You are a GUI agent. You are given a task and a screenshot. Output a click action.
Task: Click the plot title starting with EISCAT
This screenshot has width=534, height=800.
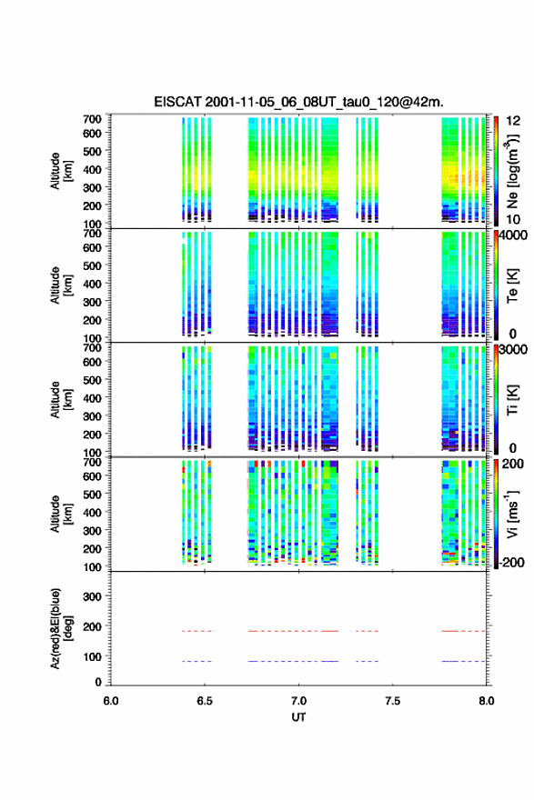(x=298, y=102)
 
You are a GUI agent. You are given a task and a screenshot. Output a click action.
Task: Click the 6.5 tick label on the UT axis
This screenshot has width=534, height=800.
(x=204, y=701)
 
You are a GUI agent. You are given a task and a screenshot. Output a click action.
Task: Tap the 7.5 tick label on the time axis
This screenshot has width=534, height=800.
(x=392, y=701)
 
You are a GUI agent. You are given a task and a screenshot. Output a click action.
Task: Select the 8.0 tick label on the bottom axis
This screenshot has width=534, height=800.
(x=486, y=701)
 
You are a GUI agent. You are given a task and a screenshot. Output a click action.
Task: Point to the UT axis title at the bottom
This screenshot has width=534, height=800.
(x=298, y=717)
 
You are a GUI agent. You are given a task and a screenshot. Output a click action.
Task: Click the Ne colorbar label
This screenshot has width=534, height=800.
(x=512, y=172)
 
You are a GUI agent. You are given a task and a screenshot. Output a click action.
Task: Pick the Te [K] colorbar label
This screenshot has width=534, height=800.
(x=512, y=285)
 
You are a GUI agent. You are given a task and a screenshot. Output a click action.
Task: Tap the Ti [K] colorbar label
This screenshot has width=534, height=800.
(x=512, y=400)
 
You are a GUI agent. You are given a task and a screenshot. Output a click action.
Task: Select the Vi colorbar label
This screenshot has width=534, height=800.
(x=512, y=515)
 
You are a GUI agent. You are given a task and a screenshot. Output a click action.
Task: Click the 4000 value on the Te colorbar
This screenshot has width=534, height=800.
(x=513, y=236)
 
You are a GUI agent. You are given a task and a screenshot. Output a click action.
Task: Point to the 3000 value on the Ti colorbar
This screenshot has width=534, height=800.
(x=513, y=350)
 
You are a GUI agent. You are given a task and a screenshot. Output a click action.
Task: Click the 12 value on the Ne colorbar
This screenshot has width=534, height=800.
(x=513, y=121)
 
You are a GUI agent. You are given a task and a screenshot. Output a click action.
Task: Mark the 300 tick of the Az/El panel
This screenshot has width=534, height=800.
(x=93, y=596)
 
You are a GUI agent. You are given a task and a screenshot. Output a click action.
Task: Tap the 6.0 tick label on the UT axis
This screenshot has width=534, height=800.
(x=110, y=701)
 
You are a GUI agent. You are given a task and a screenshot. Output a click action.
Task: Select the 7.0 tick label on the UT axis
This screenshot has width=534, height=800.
(x=298, y=701)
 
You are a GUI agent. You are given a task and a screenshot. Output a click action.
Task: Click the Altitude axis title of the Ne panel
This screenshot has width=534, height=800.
(x=61, y=171)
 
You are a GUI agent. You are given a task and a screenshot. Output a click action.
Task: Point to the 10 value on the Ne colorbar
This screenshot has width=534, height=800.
(x=513, y=219)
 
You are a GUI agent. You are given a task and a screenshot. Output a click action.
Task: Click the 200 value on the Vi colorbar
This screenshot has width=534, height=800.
(x=513, y=464)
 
